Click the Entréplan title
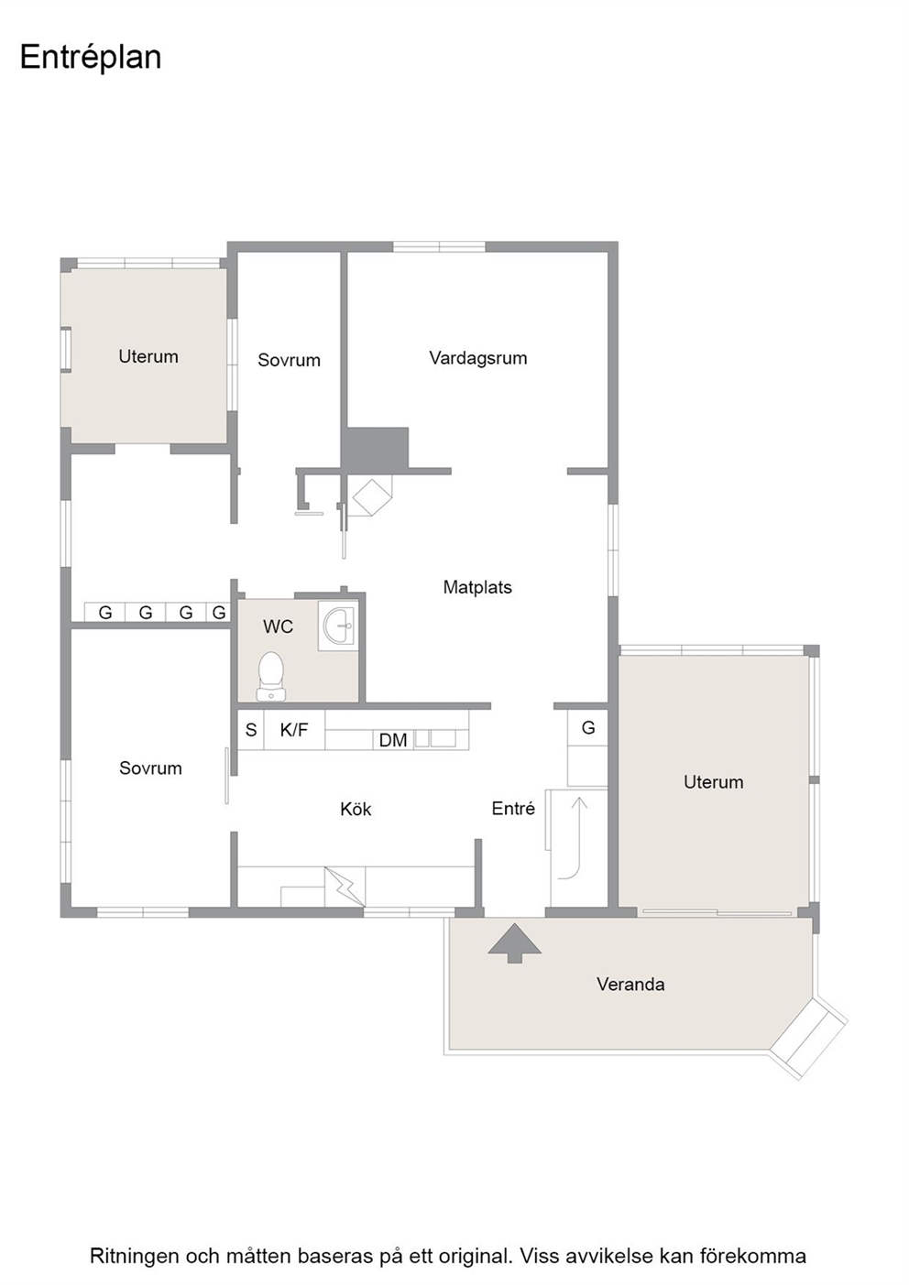click(91, 58)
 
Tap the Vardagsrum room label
click(478, 358)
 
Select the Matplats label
click(477, 587)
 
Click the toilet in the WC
click(271, 676)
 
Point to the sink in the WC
click(338, 625)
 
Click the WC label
click(279, 626)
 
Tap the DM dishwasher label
click(393, 741)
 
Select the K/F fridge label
click(294, 730)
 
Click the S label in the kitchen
click(251, 730)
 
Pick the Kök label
click(356, 810)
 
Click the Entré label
click(513, 809)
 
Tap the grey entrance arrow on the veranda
click(515, 943)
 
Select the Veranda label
click(630, 985)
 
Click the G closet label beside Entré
click(588, 728)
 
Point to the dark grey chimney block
click(376, 449)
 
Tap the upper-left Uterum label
click(148, 357)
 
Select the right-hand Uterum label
click(713, 782)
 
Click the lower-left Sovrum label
click(150, 768)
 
